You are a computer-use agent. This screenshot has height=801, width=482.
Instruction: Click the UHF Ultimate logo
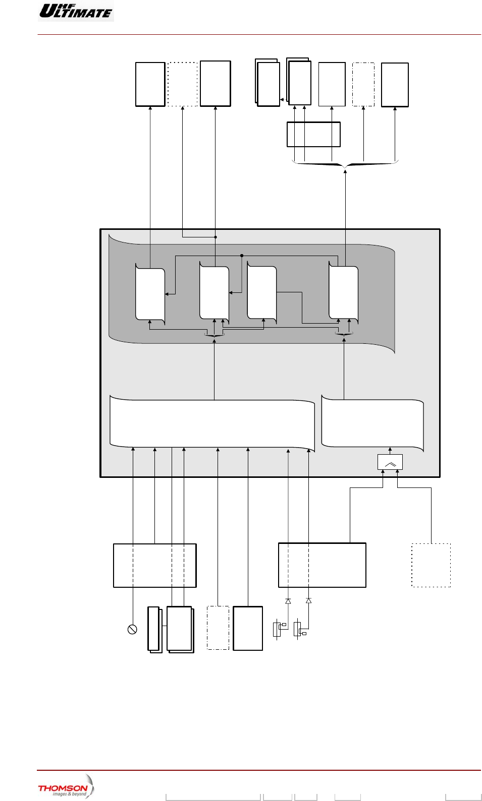click(x=76, y=11)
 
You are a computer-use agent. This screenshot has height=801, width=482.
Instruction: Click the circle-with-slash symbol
click(x=132, y=629)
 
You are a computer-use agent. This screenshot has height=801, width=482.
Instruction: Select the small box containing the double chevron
click(x=390, y=462)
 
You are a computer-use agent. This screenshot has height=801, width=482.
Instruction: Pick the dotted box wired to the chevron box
click(x=431, y=565)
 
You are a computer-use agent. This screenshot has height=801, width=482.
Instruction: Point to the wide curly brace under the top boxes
click(x=345, y=164)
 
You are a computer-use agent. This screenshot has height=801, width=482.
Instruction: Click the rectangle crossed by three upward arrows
click(x=313, y=134)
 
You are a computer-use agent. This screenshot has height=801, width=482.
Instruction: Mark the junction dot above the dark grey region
click(x=216, y=237)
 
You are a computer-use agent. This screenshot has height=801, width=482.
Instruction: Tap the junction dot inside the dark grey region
click(x=242, y=256)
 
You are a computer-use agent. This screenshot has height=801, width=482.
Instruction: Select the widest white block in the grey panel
click(x=212, y=423)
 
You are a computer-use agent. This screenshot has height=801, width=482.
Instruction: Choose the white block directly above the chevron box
click(x=372, y=423)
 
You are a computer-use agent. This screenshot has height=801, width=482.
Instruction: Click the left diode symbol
click(x=288, y=601)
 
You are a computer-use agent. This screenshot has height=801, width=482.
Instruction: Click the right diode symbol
click(x=308, y=601)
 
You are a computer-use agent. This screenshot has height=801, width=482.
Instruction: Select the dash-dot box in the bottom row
click(x=218, y=628)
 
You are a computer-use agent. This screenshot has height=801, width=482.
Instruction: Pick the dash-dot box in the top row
click(x=363, y=84)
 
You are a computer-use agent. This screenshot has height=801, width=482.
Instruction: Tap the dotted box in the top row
click(x=182, y=84)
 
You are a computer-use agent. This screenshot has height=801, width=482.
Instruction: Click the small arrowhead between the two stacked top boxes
click(x=282, y=100)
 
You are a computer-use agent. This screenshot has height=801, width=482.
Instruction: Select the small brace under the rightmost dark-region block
click(x=344, y=334)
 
